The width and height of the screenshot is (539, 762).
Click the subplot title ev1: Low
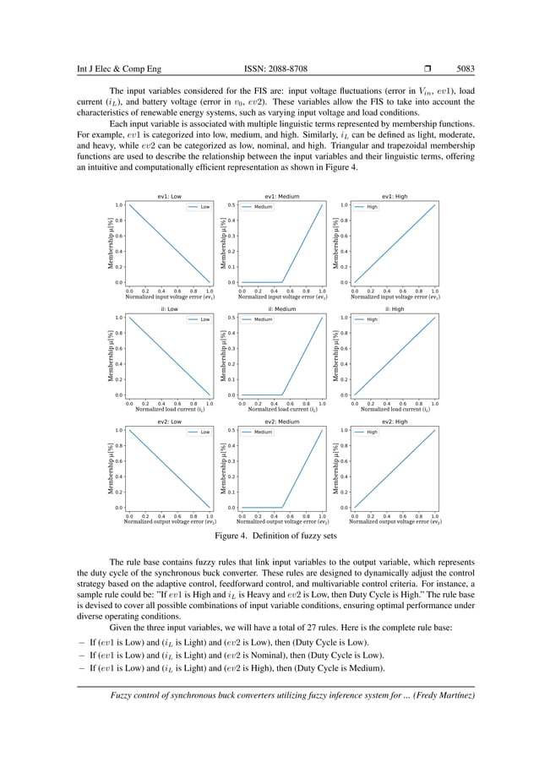pos(168,196)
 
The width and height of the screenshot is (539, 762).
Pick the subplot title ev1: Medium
pos(281,196)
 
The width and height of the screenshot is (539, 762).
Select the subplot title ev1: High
pos(395,196)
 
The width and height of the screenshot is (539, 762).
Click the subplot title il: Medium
pos(281,309)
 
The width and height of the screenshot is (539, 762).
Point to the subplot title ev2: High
pos(395,422)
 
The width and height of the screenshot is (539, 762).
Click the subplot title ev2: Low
pos(168,422)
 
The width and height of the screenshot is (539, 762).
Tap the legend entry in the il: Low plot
pos(199,319)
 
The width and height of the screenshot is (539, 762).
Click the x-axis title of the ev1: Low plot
pos(169,297)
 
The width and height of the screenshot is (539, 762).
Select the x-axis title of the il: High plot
pos(395,410)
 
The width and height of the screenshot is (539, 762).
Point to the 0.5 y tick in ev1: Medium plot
pos(231,205)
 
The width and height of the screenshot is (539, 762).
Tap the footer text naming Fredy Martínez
pos(287,695)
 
